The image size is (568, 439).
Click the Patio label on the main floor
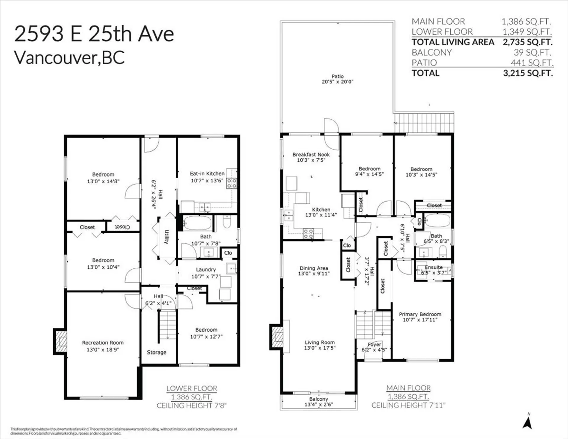338,76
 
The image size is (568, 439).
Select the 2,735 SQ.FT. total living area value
527,42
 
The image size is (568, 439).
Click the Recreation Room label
103,343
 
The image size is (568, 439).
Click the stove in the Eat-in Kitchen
231,183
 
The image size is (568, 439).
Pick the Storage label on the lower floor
156,352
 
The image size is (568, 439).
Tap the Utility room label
166,237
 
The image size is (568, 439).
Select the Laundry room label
206,270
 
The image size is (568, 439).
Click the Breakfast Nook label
311,155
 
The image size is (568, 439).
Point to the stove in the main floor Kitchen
308,234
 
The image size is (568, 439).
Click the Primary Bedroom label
420,314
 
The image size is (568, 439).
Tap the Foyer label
374,345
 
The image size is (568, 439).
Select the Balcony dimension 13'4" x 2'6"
319,405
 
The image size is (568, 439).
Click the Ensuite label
434,267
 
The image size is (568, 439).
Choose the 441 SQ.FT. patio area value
532,63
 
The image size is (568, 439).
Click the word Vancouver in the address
55,58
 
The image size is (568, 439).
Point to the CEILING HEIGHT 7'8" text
191,406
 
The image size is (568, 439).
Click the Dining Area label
314,268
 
